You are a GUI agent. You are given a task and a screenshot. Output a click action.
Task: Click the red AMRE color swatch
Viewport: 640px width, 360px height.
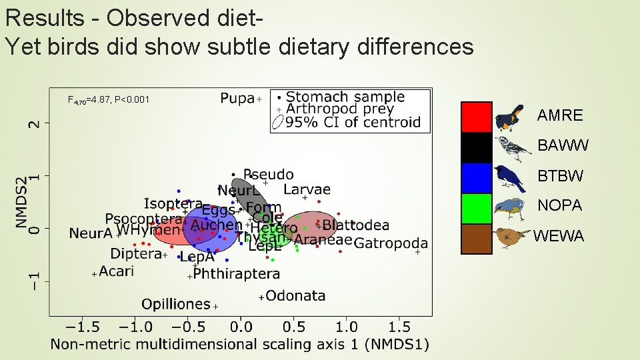[476, 117]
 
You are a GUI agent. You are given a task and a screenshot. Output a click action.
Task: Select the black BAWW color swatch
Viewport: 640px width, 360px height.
[476, 147]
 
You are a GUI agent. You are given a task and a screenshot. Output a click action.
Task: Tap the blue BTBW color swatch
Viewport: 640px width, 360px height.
[476, 177]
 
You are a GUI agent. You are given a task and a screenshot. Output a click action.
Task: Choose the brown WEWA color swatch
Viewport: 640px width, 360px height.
[476, 238]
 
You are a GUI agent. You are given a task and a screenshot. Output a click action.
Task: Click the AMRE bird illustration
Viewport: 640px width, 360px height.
[510, 117]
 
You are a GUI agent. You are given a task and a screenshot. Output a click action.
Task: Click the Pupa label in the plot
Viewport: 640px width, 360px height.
[237, 99]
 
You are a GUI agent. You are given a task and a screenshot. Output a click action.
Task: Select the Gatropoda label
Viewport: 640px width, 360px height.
[391, 243]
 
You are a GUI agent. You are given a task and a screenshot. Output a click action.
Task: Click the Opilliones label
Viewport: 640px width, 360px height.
[176, 304]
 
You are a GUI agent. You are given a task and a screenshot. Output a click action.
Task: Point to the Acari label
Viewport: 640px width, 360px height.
[117, 271]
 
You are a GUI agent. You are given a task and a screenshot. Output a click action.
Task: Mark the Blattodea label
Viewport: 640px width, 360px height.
[355, 226]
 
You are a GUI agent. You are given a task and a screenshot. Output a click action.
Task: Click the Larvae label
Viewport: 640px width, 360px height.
[307, 190]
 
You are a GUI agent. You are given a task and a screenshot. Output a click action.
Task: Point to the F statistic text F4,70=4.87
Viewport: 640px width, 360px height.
[108, 100]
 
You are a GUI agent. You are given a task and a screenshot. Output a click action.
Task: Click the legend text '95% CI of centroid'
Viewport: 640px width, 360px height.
[354, 122]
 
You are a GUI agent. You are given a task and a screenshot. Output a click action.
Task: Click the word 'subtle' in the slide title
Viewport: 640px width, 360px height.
[224, 47]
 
